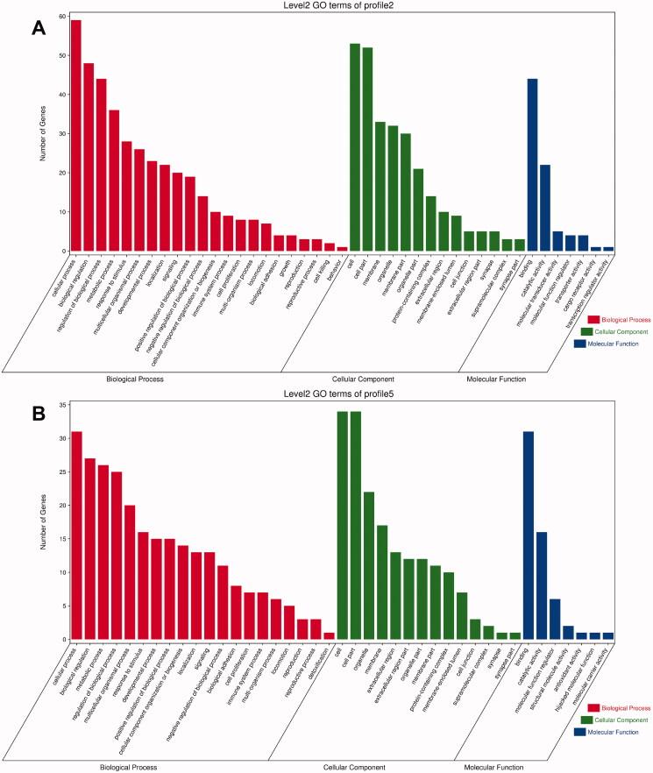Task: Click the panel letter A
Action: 38,28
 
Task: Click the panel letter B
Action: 38,413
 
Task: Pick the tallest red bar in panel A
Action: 76,136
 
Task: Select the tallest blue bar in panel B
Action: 529,535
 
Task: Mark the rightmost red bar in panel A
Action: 317,249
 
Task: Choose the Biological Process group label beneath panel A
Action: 134,379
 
